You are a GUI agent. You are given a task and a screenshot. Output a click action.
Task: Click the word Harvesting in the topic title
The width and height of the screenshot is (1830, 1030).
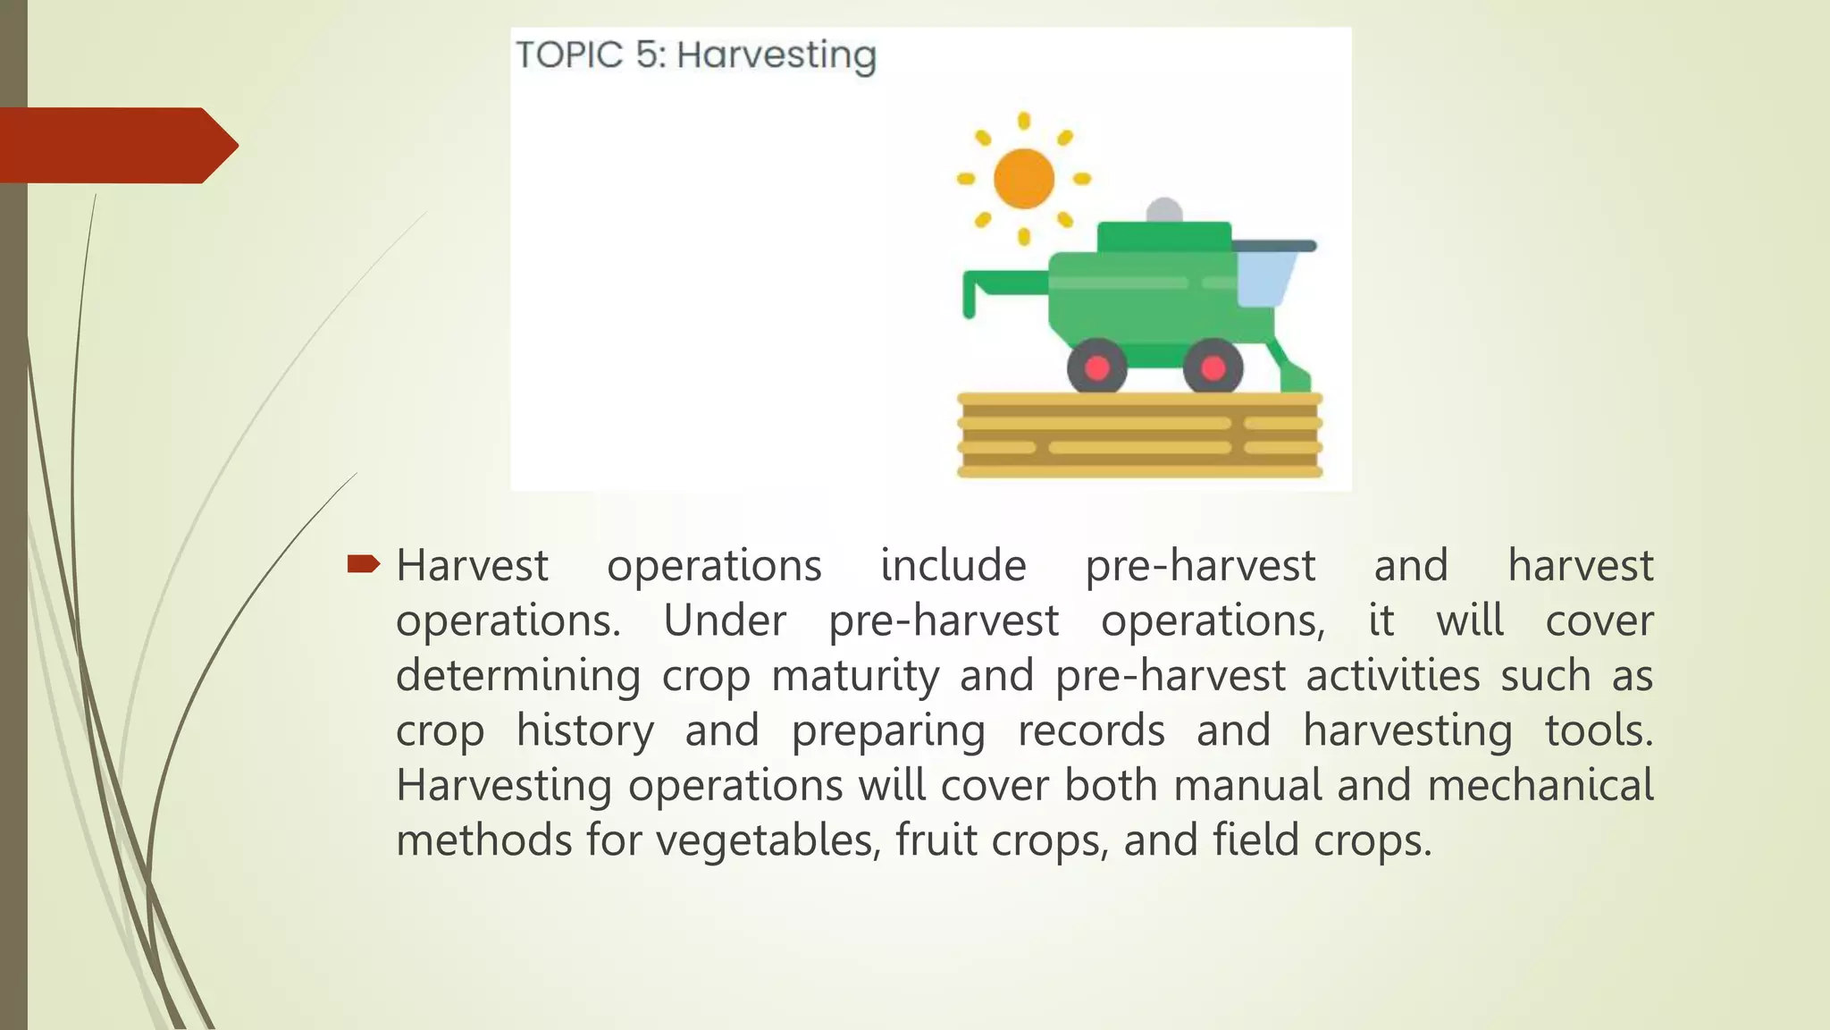click(x=776, y=55)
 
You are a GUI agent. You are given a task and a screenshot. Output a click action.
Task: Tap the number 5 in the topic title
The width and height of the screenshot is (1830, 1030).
click(x=649, y=55)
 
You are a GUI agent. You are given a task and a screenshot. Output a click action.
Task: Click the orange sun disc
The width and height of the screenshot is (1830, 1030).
click(x=1024, y=178)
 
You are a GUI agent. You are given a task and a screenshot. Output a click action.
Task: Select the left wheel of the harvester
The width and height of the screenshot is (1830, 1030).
click(x=1096, y=367)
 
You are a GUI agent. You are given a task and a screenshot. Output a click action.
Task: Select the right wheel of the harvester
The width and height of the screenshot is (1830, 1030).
click(x=1213, y=367)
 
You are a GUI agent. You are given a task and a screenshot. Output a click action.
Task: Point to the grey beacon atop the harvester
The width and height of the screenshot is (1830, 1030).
click(x=1163, y=211)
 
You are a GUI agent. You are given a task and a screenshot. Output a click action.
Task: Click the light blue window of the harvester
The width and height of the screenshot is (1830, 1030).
click(x=1263, y=279)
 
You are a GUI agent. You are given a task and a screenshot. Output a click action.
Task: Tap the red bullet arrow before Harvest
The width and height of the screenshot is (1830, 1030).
click(x=363, y=563)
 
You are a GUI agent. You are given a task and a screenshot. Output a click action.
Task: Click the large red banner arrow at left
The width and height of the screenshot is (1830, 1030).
click(x=116, y=145)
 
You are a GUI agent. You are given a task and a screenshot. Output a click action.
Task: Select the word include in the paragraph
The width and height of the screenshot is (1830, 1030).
click(x=953, y=566)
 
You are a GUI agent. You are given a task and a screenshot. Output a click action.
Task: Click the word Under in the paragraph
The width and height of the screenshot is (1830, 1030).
click(x=725, y=621)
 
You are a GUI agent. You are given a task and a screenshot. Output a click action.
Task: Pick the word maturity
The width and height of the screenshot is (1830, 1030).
click(x=855, y=676)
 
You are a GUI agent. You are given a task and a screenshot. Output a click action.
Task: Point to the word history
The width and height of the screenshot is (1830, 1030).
click(x=584, y=730)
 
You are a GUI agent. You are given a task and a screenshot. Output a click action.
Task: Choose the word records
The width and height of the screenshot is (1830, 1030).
click(x=1091, y=730)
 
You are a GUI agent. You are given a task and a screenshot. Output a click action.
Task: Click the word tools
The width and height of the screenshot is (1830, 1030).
click(x=1599, y=730)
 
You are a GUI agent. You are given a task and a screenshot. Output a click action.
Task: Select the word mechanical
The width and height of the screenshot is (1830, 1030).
click(x=1540, y=785)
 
